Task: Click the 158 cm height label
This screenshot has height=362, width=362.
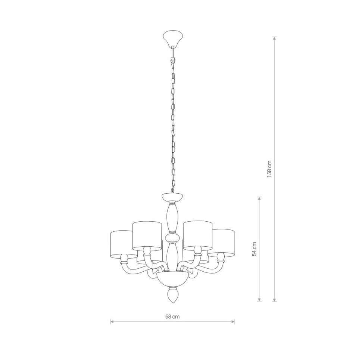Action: click(269, 169)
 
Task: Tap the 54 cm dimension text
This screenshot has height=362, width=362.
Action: click(255, 249)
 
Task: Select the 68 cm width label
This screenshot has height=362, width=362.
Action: click(172, 316)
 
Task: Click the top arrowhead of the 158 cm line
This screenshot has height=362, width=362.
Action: click(274, 38)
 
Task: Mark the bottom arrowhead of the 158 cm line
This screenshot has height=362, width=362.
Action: click(274, 299)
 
